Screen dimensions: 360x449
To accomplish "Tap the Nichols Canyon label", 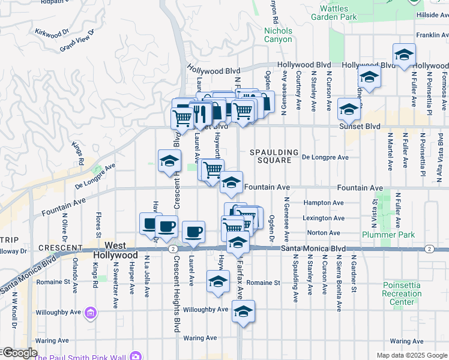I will pos(279,35).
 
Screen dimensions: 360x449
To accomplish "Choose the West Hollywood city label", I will pos(116,250).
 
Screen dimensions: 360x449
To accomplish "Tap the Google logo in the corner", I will pos(19,353).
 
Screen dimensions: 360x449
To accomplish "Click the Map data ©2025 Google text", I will pos(411,355).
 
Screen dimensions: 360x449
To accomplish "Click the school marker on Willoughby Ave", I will pos(243,312).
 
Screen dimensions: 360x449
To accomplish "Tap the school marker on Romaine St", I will pos(218,282).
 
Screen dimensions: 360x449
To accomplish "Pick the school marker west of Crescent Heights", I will pos(170,161).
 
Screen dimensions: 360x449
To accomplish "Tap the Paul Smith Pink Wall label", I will pos(82,356).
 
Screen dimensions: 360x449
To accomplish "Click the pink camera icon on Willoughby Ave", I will pos(91,312).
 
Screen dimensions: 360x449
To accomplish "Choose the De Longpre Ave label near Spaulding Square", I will pos(325,157).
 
